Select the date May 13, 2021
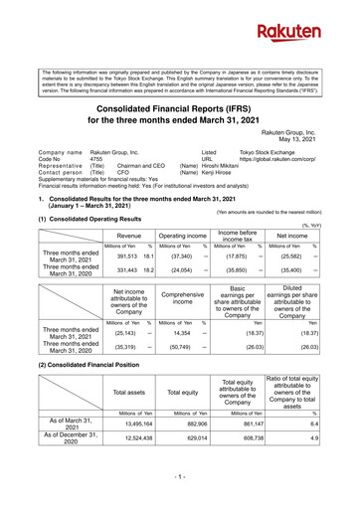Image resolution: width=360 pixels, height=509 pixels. click(x=321, y=138)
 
